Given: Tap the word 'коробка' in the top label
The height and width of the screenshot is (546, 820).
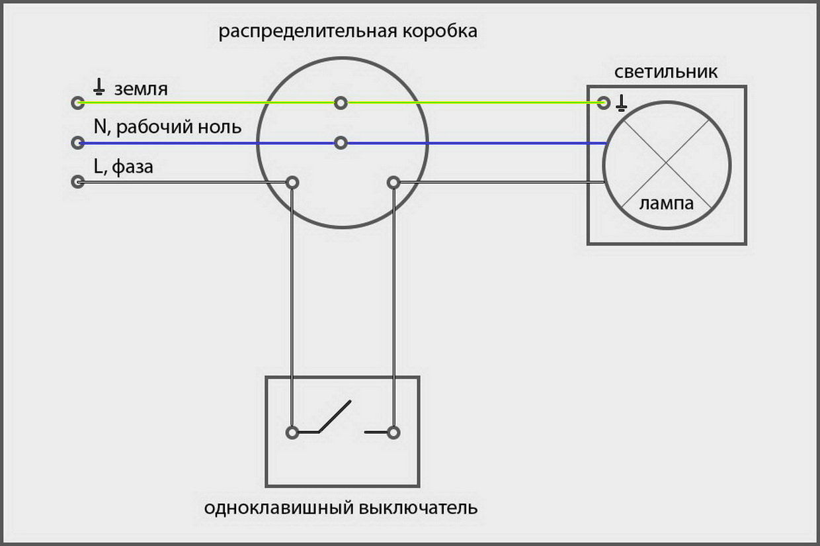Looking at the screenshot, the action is (440, 32).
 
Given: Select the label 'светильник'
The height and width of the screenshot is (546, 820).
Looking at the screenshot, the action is (665, 72).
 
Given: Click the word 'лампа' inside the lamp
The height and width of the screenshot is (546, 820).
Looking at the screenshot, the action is (667, 204).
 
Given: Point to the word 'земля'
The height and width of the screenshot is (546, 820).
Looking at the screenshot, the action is (141, 89).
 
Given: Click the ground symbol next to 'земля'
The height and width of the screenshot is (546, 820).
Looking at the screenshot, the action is (99, 87).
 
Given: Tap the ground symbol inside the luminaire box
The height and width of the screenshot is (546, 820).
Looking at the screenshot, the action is (621, 103).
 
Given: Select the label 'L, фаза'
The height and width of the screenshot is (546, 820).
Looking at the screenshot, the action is (124, 167).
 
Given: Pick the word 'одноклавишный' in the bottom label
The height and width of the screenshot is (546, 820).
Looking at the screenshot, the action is (279, 508).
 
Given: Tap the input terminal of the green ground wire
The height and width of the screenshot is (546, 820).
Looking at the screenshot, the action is (78, 103).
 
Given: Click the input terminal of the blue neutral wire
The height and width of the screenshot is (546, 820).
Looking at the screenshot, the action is (78, 142).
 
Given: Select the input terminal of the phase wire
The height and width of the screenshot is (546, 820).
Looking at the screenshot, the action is (78, 182).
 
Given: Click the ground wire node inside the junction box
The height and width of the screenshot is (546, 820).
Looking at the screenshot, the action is (341, 103).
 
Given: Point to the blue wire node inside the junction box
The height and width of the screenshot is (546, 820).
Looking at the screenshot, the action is (341, 142).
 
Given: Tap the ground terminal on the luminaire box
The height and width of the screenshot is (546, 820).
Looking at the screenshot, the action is (604, 103).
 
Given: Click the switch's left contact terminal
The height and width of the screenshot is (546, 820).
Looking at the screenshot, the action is (292, 432).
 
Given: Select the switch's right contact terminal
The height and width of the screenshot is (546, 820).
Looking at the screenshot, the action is (393, 433).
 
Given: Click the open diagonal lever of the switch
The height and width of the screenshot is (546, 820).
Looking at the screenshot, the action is (335, 417).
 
